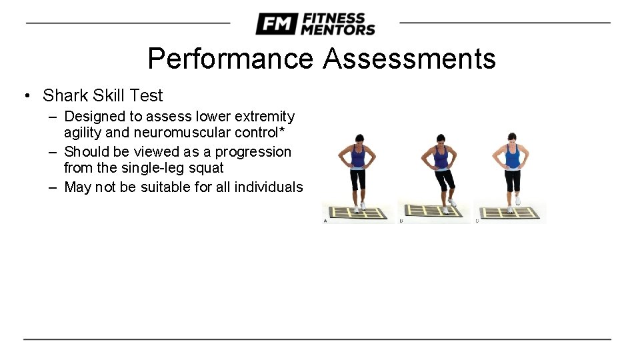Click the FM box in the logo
tap(276, 24)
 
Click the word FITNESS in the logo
tap(333, 18)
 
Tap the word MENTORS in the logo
tap(338, 29)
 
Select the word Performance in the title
tap(230, 59)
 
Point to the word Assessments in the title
tap(409, 59)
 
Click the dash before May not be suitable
tap(53, 187)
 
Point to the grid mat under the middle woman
tap(433, 212)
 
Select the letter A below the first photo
tap(325, 221)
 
